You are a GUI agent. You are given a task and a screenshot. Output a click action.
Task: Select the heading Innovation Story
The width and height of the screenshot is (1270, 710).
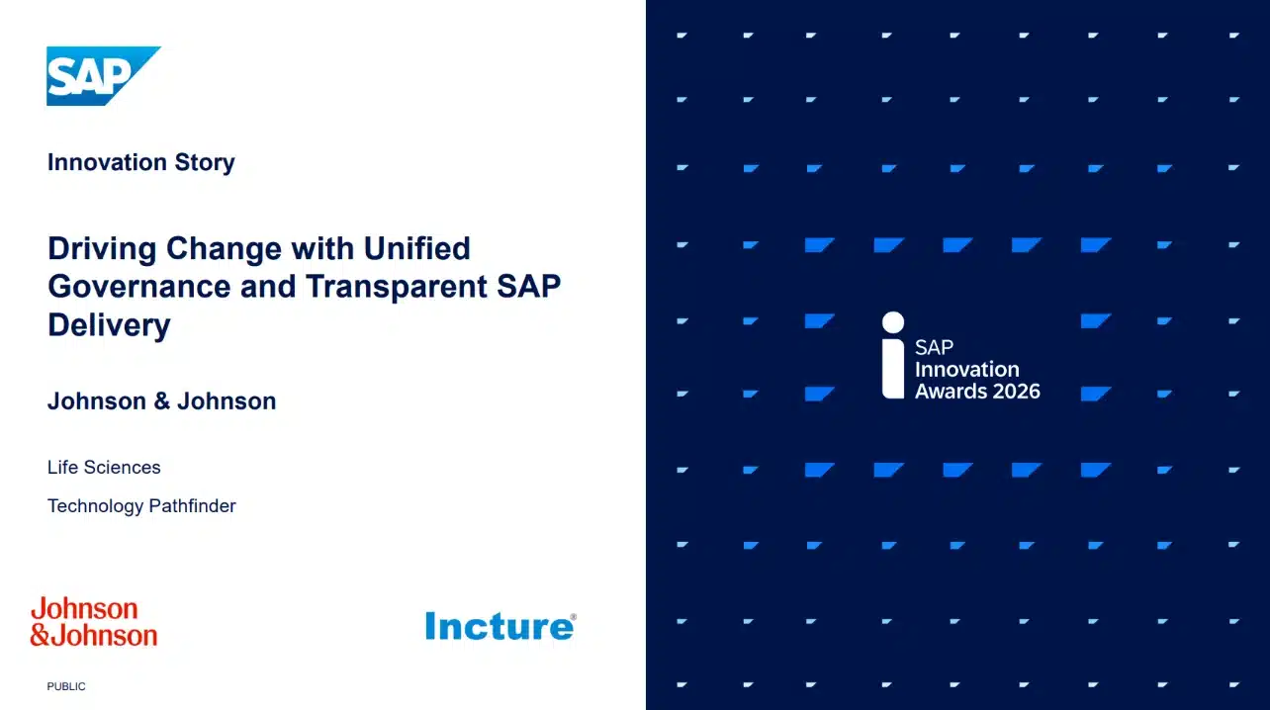[140, 162]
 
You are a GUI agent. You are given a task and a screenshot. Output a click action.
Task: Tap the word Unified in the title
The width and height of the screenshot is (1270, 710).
[416, 248]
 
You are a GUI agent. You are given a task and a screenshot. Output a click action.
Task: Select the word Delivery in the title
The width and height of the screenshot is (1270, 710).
[109, 324]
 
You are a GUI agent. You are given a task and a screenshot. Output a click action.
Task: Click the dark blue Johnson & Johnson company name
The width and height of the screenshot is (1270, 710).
[161, 401]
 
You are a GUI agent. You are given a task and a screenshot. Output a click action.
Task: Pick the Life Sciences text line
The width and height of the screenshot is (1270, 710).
[104, 467]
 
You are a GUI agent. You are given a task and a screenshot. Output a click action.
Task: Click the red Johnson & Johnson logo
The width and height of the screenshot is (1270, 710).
[93, 622]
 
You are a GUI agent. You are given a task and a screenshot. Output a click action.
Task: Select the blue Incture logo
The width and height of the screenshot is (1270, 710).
[498, 626]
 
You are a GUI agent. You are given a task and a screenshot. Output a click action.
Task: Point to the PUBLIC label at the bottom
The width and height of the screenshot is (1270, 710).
[66, 686]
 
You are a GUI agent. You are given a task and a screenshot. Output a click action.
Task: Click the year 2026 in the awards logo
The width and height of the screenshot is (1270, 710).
[1010, 392]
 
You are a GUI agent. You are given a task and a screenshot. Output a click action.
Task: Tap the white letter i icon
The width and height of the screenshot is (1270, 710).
[893, 356]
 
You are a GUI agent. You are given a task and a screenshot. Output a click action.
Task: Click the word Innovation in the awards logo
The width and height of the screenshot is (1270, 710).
[966, 370]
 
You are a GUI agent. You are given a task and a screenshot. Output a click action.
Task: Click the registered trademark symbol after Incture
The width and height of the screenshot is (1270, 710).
[573, 617]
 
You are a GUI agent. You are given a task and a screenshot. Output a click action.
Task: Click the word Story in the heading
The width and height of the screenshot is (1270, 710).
[204, 162]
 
